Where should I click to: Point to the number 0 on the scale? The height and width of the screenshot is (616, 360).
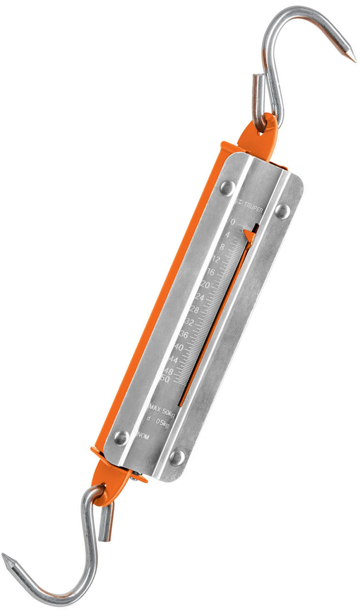pos(233,222)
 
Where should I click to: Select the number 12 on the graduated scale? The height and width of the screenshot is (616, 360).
pos(214,260)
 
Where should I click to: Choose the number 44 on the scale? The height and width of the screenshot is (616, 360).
pos(173,359)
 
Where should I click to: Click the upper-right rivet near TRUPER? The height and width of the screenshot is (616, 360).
pos(282,211)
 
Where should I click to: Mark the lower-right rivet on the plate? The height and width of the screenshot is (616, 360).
pos(177,457)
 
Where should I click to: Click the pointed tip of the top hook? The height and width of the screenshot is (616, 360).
pos(354,61)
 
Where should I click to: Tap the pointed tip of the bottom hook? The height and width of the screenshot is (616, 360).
pos(4,556)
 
